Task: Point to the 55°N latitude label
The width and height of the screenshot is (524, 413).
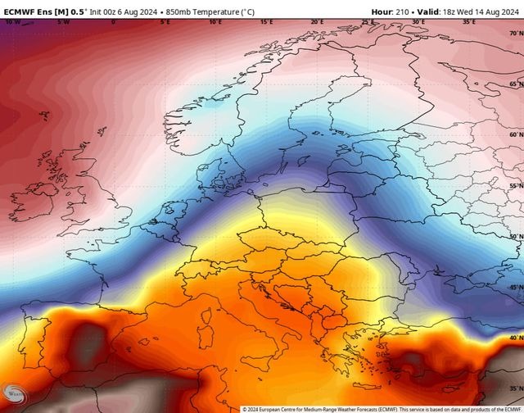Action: (x=516, y=186)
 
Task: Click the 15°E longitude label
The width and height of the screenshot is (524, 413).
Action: (x=266, y=22)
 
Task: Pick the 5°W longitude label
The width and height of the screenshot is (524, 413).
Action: (x=63, y=22)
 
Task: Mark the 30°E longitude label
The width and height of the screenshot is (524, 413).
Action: (x=418, y=22)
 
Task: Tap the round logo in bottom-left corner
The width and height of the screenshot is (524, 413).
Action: (x=11, y=394)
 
